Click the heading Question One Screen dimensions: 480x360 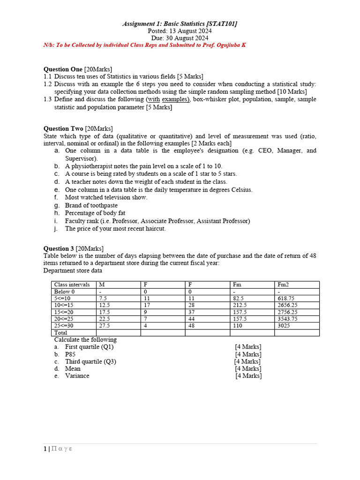63,69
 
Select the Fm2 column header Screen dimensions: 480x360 283,285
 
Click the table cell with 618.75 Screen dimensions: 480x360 286,298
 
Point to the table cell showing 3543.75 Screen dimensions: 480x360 287,319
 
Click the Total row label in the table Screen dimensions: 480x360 61,333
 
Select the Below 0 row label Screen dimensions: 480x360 65,292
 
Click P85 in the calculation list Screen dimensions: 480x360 71,354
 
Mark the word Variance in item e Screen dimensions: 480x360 77,375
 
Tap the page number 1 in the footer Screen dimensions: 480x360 45,449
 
